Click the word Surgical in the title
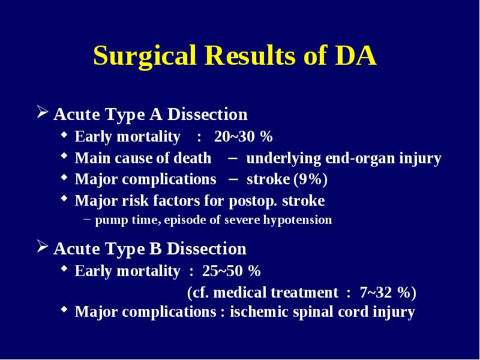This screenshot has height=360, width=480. pos(145,56)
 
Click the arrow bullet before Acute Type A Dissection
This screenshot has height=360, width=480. pos(43,112)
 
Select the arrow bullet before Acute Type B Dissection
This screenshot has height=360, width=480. pos(43,247)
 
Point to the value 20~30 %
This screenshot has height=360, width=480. pos(244,136)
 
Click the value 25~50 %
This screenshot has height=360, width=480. pos(232,271)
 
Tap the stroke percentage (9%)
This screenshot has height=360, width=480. pos(310,179)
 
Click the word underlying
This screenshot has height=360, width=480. pos(283,158)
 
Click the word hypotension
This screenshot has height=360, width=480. pos(298,220)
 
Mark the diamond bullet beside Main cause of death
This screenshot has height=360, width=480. pos(64,156)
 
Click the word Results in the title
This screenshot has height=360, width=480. pos(250,55)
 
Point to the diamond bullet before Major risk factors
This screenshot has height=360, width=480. pos(64,199)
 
